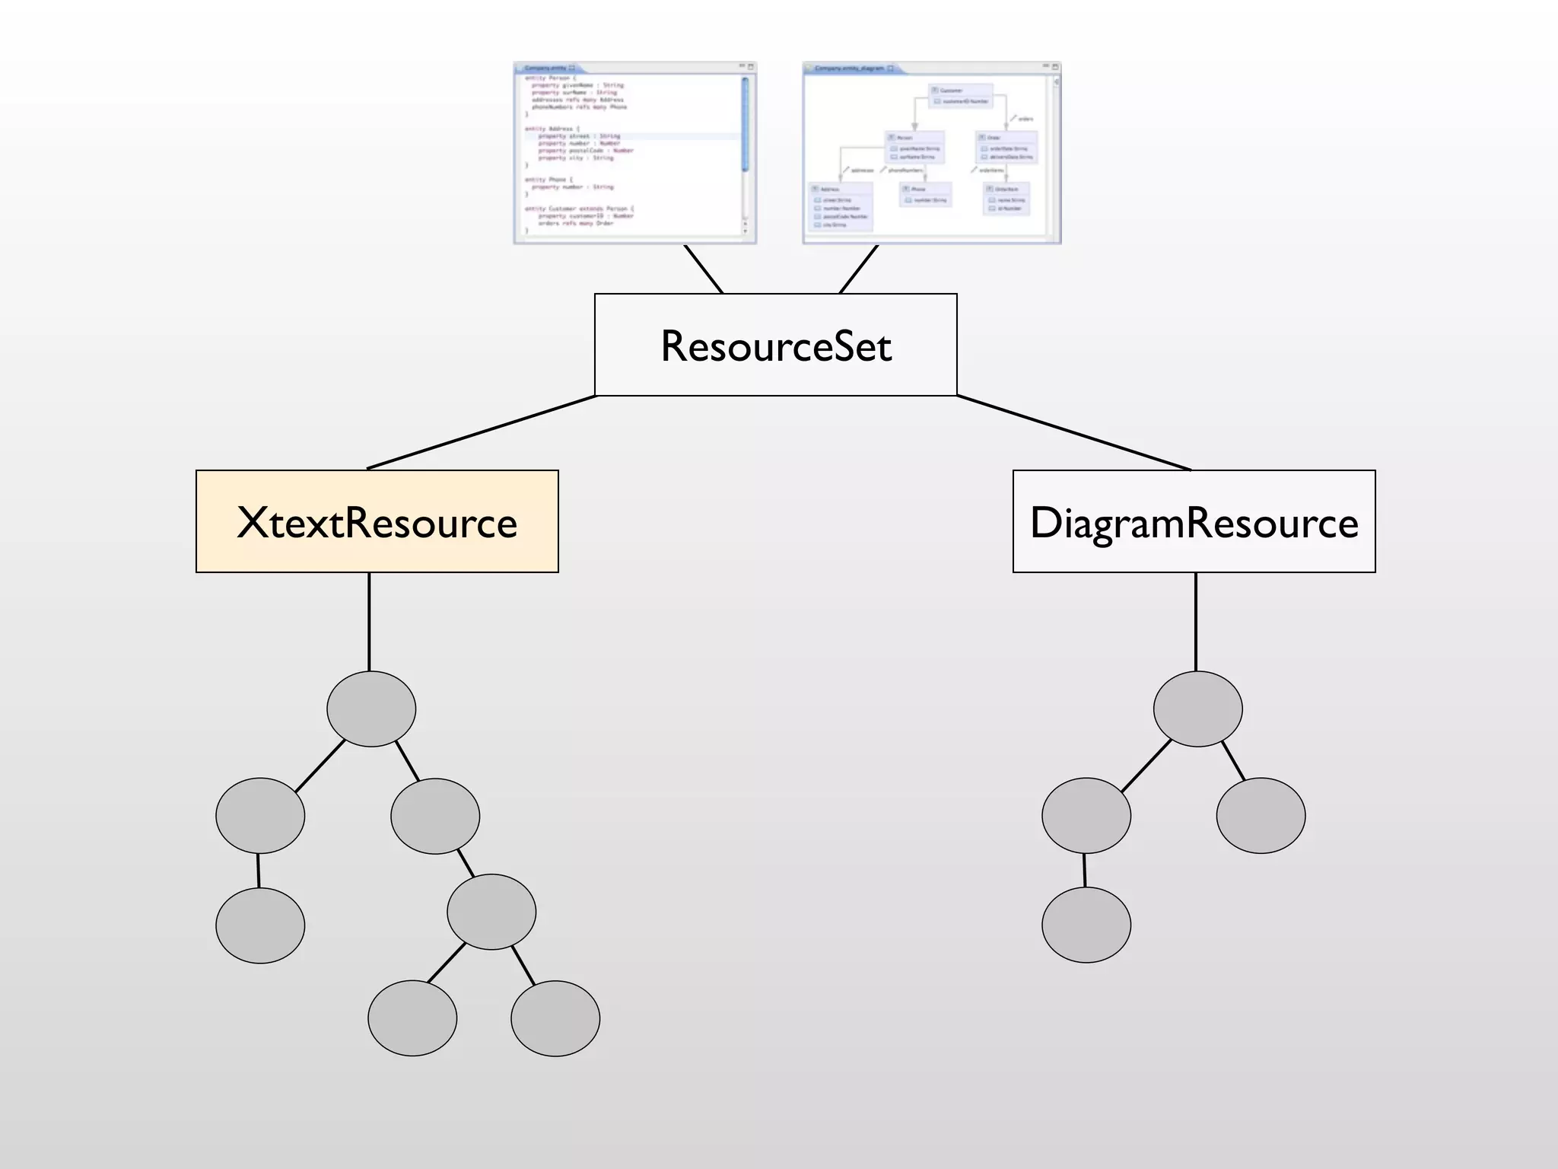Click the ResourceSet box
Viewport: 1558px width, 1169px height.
pyautogui.click(x=775, y=345)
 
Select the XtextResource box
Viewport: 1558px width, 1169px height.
pyautogui.click(x=377, y=521)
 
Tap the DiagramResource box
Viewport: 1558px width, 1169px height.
pyautogui.click(x=1194, y=521)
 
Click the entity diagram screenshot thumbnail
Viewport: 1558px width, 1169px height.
pyautogui.click(x=931, y=153)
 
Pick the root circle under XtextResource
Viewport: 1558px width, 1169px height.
pyautogui.click(x=371, y=709)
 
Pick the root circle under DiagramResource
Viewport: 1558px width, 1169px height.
pyautogui.click(x=1197, y=709)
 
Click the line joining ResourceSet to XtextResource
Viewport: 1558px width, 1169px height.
pyautogui.click(x=482, y=432)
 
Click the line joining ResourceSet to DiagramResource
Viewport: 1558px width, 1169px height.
pyautogui.click(x=1073, y=432)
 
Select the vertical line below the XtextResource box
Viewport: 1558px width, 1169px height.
pyautogui.click(x=369, y=621)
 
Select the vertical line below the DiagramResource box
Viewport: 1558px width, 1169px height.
pyautogui.click(x=1196, y=621)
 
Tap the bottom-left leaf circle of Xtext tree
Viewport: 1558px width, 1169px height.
pyautogui.click(x=260, y=925)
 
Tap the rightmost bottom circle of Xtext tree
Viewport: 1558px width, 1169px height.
pyautogui.click(x=555, y=1018)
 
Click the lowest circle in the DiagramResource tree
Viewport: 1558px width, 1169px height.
pyautogui.click(x=1086, y=925)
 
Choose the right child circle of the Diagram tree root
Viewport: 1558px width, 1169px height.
pyautogui.click(x=1261, y=815)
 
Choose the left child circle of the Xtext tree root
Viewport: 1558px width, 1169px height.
pyautogui.click(x=260, y=815)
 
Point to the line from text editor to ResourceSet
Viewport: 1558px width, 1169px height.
pyautogui.click(x=704, y=269)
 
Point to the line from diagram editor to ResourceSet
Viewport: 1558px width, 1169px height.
pyautogui.click(x=859, y=269)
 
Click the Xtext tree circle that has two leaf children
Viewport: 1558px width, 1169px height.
pyautogui.click(x=491, y=912)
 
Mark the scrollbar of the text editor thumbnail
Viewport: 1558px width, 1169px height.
pyautogui.click(x=745, y=126)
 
